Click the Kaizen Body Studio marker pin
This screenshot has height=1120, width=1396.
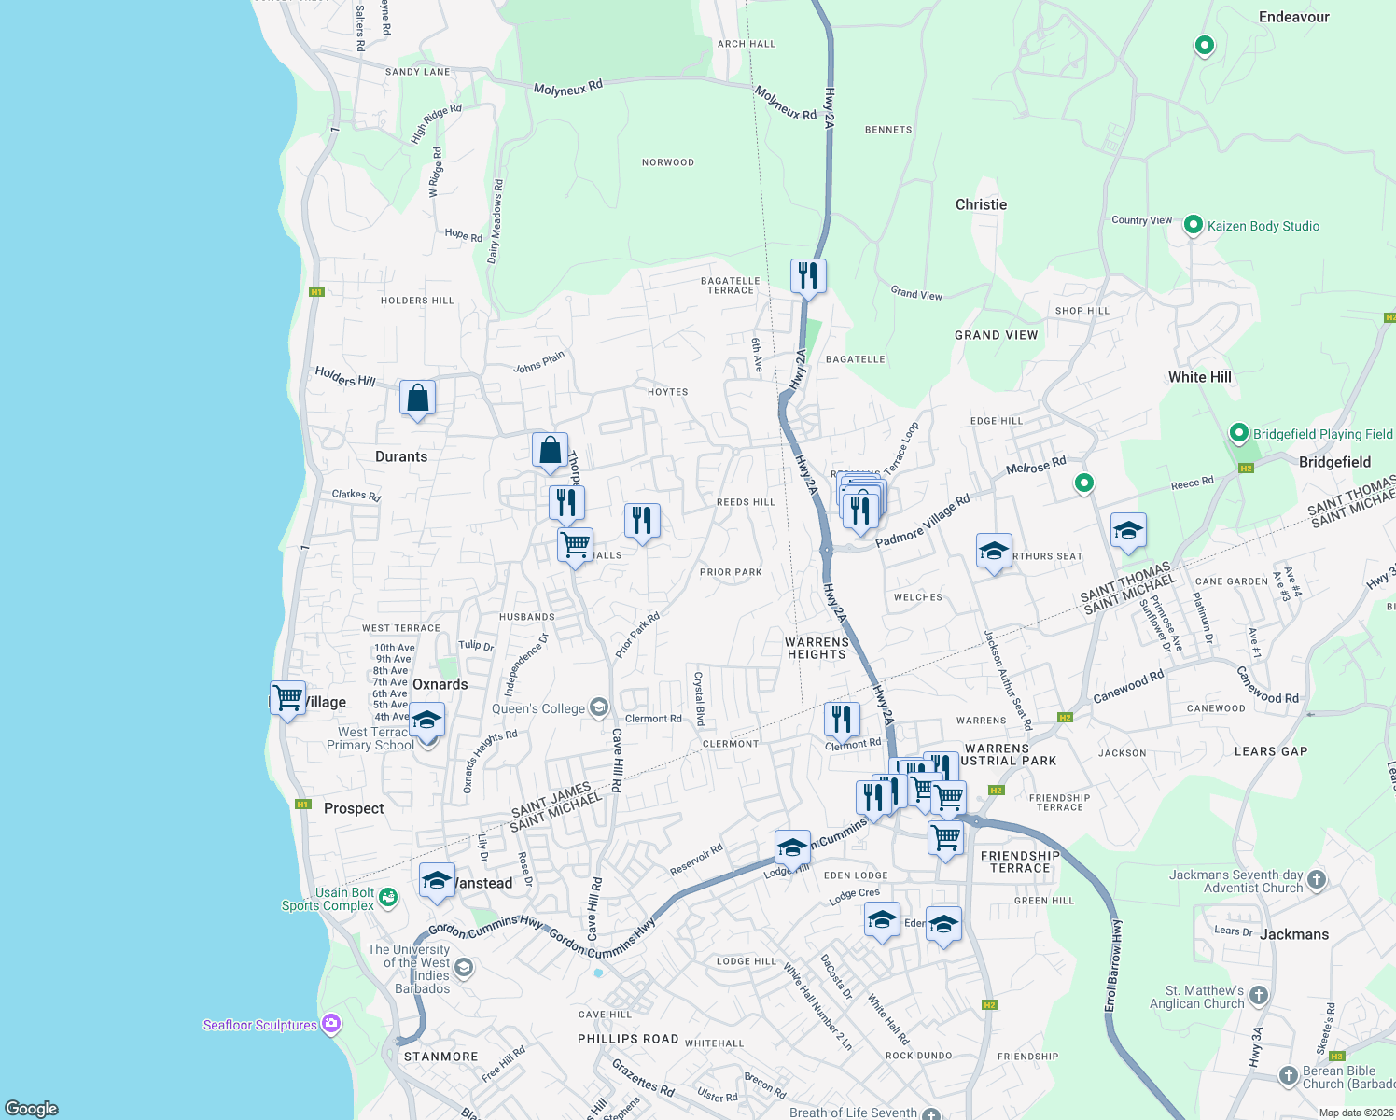click(x=1193, y=225)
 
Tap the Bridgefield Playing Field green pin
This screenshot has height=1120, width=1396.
click(x=1238, y=433)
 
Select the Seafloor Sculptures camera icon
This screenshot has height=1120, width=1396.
click(x=330, y=1024)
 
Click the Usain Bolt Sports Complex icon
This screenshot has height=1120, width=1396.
click(x=388, y=897)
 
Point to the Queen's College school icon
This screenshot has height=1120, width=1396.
click(x=599, y=707)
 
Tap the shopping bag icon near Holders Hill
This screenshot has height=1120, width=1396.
click(x=417, y=399)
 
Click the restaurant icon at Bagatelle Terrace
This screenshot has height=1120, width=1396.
click(x=807, y=276)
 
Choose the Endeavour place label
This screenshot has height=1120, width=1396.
click(x=1293, y=17)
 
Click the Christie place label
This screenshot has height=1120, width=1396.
click(x=981, y=204)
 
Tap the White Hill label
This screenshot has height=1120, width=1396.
click(x=1199, y=377)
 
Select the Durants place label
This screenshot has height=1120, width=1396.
click(x=401, y=456)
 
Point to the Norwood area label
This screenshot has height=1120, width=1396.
click(x=668, y=162)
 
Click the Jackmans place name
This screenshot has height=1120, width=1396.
click(x=1293, y=934)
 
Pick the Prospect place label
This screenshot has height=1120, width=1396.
click(x=354, y=808)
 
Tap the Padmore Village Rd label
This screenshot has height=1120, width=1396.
click(x=923, y=521)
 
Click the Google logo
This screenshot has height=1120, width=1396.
click(x=32, y=1108)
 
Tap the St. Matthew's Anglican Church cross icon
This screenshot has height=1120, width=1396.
click(x=1258, y=996)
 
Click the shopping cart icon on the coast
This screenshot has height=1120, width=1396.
click(x=287, y=697)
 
